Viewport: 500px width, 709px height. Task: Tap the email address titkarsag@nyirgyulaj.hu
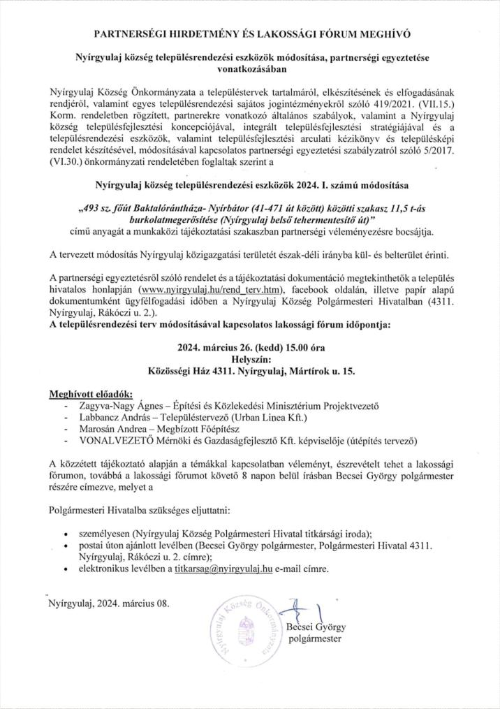pos(223,569)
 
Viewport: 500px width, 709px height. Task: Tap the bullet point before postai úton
pos(65,545)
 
